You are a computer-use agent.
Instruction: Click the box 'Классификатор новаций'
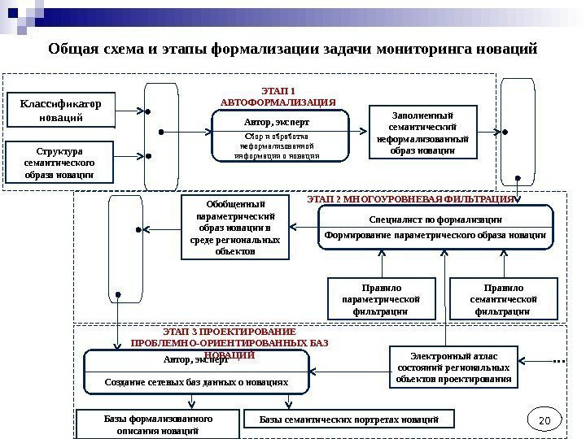pos(60,111)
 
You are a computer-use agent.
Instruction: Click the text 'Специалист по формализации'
pos(435,219)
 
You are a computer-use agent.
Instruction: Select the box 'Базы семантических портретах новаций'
pos(349,419)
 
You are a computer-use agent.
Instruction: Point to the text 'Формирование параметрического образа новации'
pos(435,235)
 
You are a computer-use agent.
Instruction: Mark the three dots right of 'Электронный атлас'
pos(558,359)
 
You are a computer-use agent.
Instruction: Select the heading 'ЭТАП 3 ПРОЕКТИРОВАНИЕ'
pos(229,333)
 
